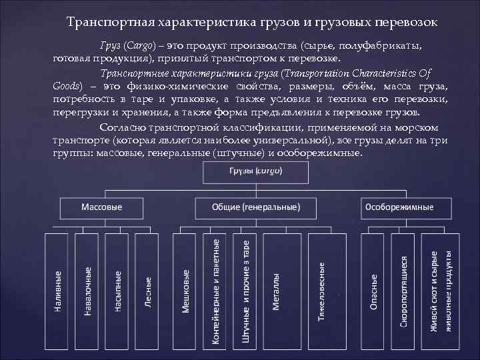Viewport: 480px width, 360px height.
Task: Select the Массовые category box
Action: tap(102, 207)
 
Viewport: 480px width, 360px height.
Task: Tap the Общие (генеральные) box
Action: tap(256, 207)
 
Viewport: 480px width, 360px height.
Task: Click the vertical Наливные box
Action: tap(59, 291)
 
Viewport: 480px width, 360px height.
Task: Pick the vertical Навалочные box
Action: tap(88, 291)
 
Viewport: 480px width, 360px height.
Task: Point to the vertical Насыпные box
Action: tap(117, 291)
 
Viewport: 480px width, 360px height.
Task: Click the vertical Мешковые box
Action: tap(186, 291)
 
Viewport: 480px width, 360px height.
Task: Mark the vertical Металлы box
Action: tap(276, 291)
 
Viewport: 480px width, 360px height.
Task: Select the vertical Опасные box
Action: tap(375, 291)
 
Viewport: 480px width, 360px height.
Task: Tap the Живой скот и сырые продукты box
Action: tap(441, 291)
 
